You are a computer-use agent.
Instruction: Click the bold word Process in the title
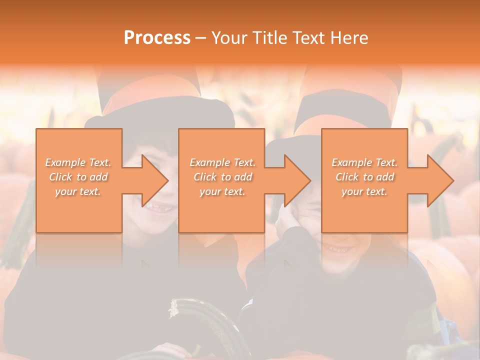pos(157,38)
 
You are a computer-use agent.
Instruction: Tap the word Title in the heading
pos(267,38)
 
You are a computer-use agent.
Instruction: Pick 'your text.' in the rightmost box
pos(364,191)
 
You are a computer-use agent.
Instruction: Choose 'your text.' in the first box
pos(78,191)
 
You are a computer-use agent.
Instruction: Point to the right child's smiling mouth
pos(336,248)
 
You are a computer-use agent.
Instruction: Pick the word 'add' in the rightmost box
pos(385,177)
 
